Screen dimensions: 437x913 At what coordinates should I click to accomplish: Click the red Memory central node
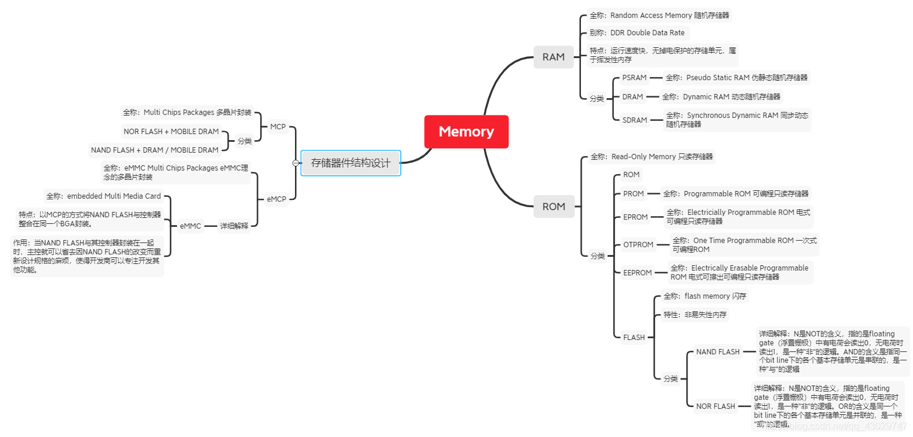(x=466, y=132)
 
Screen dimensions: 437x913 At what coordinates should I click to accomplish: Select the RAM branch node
(x=553, y=57)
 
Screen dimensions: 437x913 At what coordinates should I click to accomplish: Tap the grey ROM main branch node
(x=553, y=207)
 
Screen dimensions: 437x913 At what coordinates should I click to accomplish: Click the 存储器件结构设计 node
(x=351, y=163)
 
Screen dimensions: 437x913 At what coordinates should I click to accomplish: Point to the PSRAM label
(x=634, y=78)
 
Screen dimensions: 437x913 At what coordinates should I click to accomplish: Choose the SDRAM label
(x=635, y=120)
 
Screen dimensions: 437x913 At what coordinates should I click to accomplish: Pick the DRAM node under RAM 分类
(x=632, y=97)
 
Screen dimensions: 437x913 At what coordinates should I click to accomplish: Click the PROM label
(x=634, y=194)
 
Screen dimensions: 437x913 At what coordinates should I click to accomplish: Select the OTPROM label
(x=638, y=245)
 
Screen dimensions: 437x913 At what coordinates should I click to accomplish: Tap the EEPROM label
(x=637, y=273)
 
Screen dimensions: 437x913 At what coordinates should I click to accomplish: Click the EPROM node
(x=635, y=217)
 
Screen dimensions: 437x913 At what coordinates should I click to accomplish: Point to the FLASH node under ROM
(x=634, y=338)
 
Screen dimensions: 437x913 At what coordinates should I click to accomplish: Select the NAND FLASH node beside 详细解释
(x=718, y=352)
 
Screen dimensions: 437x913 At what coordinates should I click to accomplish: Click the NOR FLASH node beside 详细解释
(x=716, y=406)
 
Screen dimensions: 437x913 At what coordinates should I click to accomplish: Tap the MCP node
(x=278, y=127)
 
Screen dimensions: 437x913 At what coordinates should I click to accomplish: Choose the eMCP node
(x=276, y=199)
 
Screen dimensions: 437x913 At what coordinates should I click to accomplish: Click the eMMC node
(x=190, y=226)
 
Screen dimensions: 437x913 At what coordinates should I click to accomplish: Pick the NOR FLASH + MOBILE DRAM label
(x=171, y=132)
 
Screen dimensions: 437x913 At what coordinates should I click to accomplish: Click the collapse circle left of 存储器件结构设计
(x=296, y=163)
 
